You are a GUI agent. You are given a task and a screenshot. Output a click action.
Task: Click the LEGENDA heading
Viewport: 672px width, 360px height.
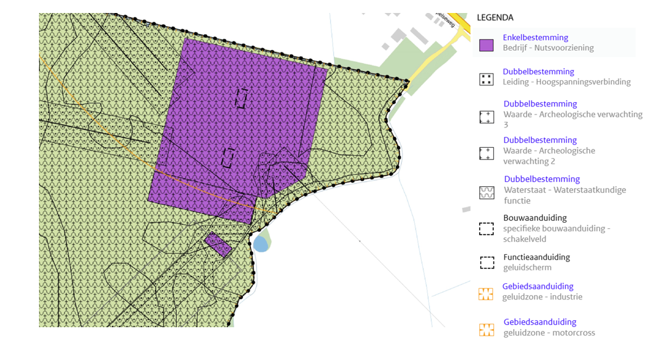click(x=495, y=17)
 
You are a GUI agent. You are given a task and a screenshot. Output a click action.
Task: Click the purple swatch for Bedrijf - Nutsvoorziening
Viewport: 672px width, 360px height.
click(x=486, y=45)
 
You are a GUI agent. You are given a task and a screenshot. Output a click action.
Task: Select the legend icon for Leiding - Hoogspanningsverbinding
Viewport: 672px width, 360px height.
click(x=486, y=79)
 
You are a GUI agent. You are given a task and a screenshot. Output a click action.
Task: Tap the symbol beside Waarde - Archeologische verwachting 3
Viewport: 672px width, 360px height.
click(x=486, y=117)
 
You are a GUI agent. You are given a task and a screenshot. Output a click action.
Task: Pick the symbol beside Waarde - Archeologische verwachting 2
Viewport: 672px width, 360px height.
click(x=486, y=153)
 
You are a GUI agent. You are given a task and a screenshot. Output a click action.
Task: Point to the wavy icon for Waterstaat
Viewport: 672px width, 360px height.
click(x=486, y=192)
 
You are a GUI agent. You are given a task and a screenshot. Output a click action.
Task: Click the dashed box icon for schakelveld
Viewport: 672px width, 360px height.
click(x=486, y=228)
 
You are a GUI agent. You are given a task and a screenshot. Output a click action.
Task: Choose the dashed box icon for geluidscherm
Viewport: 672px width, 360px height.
click(x=486, y=262)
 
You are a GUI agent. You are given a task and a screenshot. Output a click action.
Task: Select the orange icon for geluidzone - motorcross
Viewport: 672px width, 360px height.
click(x=486, y=330)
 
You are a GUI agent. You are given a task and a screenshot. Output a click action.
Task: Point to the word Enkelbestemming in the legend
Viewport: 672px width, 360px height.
click(x=535, y=38)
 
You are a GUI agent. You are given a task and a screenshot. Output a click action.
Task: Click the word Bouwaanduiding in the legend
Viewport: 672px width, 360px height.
click(x=535, y=218)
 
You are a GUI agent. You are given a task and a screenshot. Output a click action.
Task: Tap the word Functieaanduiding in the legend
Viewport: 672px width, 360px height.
click(x=536, y=257)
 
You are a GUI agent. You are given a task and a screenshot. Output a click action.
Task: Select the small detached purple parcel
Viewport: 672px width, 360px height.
click(x=218, y=244)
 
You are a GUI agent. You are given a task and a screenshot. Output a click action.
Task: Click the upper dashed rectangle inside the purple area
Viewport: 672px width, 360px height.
click(x=241, y=98)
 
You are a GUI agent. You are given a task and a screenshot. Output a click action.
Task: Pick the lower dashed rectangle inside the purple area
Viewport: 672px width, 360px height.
click(x=228, y=158)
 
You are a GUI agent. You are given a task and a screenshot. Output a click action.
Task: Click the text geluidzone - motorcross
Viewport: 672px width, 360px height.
click(x=549, y=333)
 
